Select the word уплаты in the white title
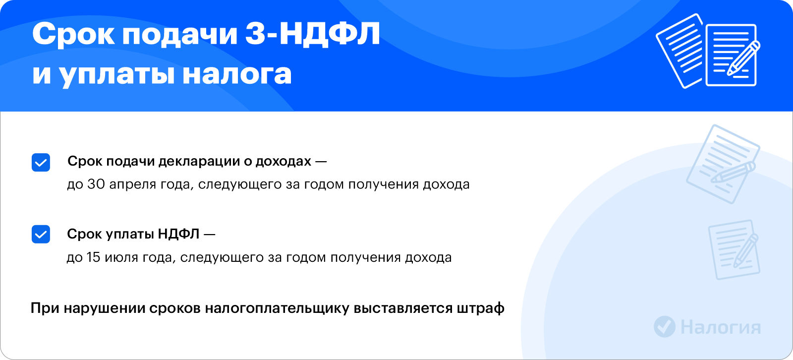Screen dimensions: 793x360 116,75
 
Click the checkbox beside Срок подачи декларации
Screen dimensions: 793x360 41,162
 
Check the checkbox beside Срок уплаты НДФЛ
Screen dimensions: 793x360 41,234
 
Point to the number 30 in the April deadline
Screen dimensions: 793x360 96,184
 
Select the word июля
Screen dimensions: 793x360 121,257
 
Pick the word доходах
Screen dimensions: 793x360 283,161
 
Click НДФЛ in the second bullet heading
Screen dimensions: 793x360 178,234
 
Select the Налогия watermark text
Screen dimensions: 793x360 721,327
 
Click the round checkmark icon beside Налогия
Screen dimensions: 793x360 665,327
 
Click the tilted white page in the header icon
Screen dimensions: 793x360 679,51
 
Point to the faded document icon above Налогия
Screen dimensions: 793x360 734,249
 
